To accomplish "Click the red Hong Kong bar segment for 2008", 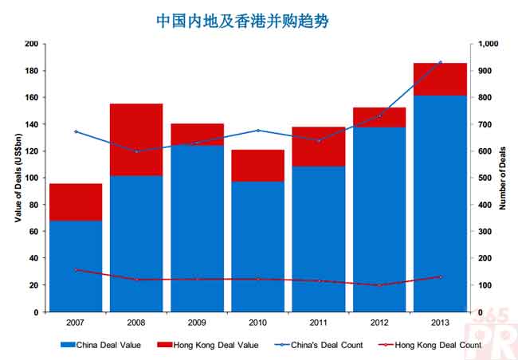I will click(x=136, y=139).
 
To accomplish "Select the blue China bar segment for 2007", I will click(x=76, y=266).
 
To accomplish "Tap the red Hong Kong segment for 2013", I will click(x=439, y=79).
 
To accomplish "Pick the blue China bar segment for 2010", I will click(x=257, y=246).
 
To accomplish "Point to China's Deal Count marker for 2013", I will click(x=440, y=62).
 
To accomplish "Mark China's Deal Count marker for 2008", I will click(x=136, y=151).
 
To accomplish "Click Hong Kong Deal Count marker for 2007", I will click(x=76, y=270).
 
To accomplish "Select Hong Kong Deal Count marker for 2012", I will click(x=379, y=285).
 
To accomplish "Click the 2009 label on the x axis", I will click(x=197, y=323).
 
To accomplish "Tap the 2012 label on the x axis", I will click(x=379, y=323).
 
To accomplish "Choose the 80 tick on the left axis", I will click(x=33, y=205).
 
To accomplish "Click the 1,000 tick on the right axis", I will click(x=489, y=44).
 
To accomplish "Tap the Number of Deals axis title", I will click(x=504, y=178).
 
